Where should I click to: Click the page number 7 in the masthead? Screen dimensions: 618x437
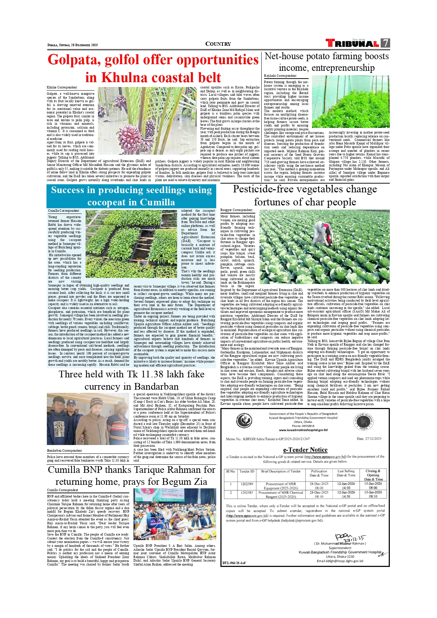tap(386, 43)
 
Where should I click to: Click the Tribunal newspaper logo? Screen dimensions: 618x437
tap(353, 43)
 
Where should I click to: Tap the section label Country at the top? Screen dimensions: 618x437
tap(218, 44)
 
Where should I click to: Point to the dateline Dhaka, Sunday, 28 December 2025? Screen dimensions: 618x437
tap(73, 45)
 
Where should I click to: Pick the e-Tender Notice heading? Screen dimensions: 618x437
tap(305, 450)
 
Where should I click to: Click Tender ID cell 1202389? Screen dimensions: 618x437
tap(247, 484)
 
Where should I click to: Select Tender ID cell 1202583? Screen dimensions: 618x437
tap(247, 493)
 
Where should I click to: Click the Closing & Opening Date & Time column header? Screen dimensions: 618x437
tap(373, 475)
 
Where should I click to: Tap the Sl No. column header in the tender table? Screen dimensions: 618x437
tap(231, 471)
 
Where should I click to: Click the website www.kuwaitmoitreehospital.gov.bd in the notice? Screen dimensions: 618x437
tap(303, 430)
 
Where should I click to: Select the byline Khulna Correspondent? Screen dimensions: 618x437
tap(62, 87)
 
